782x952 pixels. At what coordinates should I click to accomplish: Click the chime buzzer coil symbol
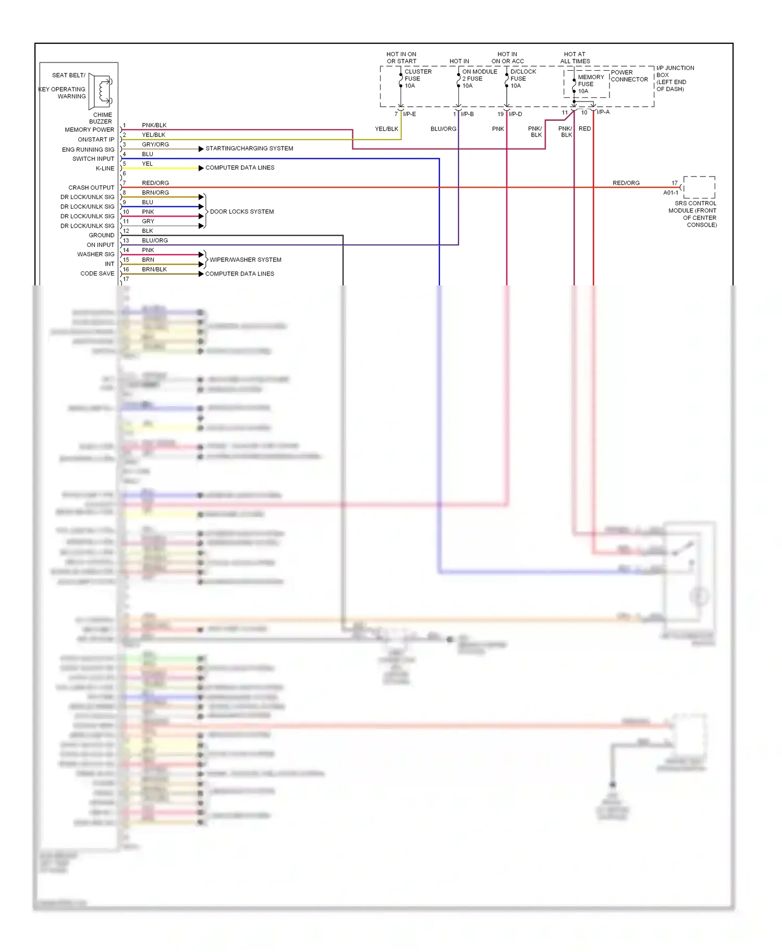[x=103, y=91]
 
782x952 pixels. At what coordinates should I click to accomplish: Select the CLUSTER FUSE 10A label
[x=418, y=79]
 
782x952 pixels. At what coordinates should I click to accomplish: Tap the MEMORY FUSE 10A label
[x=590, y=84]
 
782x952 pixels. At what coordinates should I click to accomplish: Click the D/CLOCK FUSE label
[x=523, y=79]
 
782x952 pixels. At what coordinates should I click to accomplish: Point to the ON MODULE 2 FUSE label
[x=479, y=79]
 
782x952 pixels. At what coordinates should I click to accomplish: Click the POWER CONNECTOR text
[x=629, y=76]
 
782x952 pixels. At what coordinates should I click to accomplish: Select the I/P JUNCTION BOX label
[x=675, y=78]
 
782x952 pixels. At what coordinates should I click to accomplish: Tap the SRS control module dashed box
[x=699, y=187]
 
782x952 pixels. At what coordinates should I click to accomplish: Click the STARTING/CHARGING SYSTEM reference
[x=249, y=148]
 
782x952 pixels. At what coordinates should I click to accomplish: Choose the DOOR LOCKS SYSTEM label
[x=241, y=211]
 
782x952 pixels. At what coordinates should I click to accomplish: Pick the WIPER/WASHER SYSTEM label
[x=245, y=259]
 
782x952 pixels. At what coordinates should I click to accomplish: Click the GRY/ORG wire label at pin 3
[x=155, y=144]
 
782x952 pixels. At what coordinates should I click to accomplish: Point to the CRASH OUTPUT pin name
[x=91, y=187]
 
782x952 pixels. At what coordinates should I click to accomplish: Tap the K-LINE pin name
[x=105, y=168]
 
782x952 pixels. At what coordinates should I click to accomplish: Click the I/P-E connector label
[x=409, y=114]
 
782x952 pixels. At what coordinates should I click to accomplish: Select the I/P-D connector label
[x=515, y=114]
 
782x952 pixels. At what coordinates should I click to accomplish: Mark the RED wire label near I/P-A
[x=584, y=129]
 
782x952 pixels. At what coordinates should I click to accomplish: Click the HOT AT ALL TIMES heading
[x=575, y=58]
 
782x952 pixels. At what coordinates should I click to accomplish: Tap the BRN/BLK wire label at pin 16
[x=154, y=269]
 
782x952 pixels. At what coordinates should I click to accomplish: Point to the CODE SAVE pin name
[x=97, y=273]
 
